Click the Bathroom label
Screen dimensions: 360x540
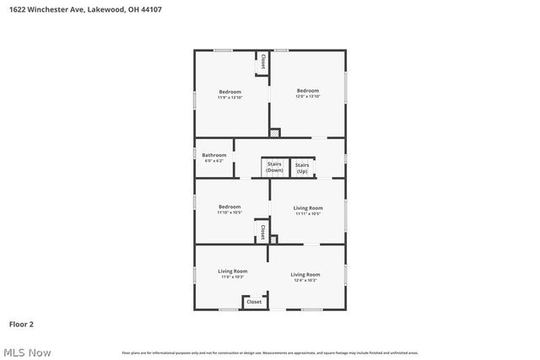click(213, 155)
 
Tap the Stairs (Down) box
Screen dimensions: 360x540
click(274, 167)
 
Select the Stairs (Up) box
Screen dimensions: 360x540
click(302, 168)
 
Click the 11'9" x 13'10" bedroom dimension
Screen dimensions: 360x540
click(230, 98)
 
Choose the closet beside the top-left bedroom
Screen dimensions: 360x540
click(263, 62)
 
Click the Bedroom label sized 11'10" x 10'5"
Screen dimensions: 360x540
click(229, 207)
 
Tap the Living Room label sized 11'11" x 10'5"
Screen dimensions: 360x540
click(307, 207)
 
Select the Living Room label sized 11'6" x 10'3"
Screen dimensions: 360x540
click(233, 271)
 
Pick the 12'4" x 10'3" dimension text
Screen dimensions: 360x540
click(305, 280)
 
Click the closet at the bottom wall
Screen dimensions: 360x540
click(254, 301)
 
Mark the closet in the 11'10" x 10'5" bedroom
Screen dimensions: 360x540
click(262, 231)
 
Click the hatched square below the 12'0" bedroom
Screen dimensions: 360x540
click(274, 132)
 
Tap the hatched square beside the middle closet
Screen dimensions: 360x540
click(273, 239)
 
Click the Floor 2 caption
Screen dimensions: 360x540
click(21, 324)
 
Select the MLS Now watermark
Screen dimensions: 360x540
click(26, 352)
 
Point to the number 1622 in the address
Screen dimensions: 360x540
click(17, 9)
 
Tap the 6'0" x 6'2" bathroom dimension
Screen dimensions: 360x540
click(213, 161)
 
